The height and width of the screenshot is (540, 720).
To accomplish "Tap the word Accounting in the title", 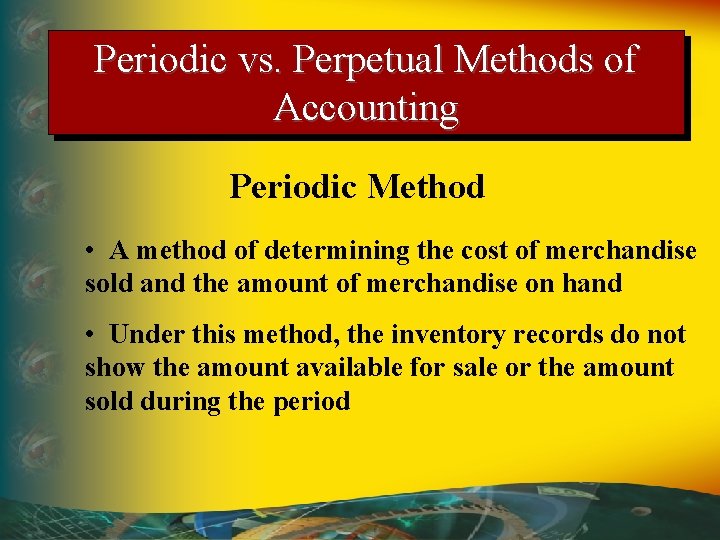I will [x=366, y=108].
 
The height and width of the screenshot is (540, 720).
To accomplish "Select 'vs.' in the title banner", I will [x=262, y=62].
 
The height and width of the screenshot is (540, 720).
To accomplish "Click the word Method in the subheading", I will [x=427, y=187].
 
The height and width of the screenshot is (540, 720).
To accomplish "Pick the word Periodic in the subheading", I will [x=294, y=187].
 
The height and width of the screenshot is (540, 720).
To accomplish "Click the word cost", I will [x=468, y=250].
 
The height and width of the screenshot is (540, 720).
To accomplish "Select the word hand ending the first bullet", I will [x=594, y=284].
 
